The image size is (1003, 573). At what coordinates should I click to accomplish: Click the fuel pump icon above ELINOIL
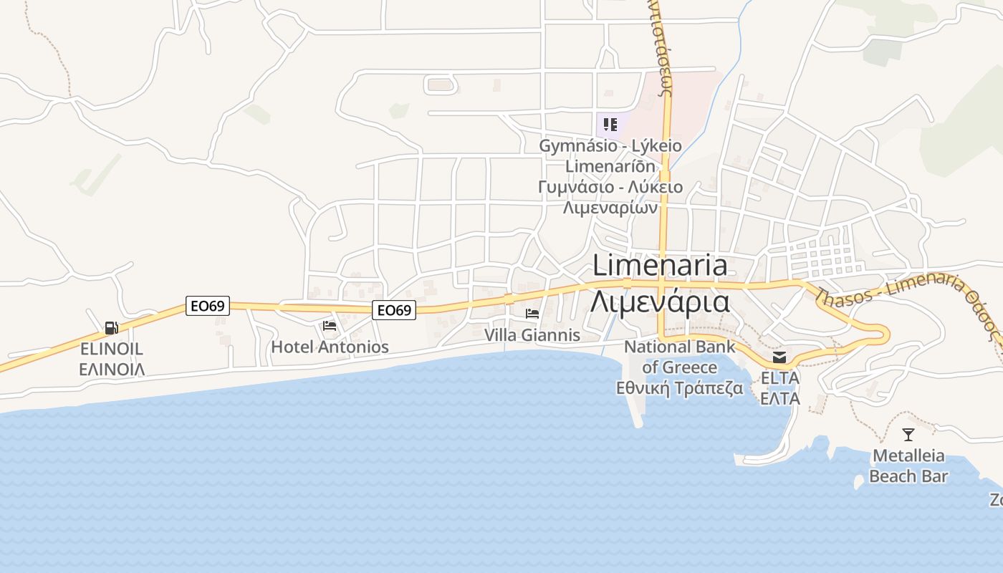112,328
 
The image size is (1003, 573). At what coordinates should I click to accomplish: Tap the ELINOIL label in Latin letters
112,349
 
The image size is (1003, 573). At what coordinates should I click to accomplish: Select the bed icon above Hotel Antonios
330,326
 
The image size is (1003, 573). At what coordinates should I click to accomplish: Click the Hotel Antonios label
330,347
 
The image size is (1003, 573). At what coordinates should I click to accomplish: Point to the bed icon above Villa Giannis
532,314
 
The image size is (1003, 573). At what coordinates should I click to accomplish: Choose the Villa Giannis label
532,334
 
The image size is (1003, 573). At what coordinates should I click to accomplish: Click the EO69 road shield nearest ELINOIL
208,306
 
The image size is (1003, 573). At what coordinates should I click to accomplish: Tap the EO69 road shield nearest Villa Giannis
394,310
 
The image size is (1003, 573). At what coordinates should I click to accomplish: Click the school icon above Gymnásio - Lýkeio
610,125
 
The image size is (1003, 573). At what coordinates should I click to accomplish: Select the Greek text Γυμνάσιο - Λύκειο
610,187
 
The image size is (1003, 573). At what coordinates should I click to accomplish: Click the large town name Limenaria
660,266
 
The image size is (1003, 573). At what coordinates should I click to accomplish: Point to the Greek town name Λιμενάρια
660,301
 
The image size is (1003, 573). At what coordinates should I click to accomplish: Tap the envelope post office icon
779,357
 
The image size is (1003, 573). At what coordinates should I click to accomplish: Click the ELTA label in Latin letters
779,377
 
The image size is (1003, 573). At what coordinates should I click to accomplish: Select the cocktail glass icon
908,434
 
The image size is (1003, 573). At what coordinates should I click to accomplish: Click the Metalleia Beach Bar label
908,466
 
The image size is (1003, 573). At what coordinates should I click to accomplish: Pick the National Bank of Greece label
679,357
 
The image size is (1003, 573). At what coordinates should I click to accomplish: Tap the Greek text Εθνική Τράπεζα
679,388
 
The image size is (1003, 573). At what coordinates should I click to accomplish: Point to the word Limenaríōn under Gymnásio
610,166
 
